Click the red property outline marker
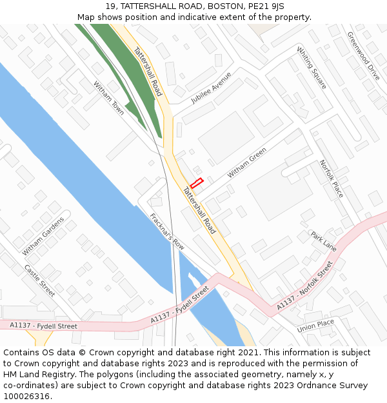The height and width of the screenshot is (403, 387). point(197,183)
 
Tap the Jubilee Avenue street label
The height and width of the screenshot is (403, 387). point(211,88)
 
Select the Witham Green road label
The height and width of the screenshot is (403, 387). point(247,163)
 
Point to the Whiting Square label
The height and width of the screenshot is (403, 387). point(312,68)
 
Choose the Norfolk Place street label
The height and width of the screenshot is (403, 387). point(332,179)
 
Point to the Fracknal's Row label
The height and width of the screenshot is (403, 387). point(167,231)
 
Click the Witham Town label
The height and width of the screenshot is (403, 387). point(108,98)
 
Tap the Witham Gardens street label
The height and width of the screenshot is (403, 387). point(43,235)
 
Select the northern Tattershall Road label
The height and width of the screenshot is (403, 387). point(148,71)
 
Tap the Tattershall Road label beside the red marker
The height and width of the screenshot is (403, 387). point(199,210)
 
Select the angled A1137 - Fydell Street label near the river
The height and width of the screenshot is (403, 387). point(180,305)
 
